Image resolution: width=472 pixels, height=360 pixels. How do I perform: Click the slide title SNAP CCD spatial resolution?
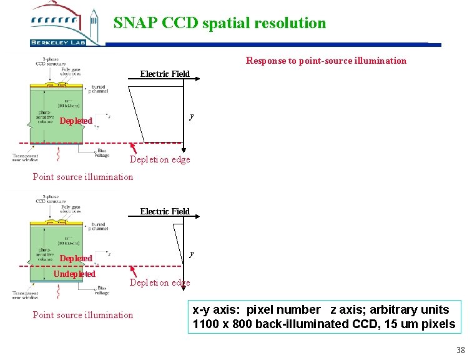click(x=219, y=23)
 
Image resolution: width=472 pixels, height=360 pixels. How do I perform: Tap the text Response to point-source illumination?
click(x=326, y=61)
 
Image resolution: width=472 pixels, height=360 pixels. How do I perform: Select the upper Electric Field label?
click(x=165, y=74)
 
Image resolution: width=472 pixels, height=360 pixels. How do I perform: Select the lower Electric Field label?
click(x=165, y=211)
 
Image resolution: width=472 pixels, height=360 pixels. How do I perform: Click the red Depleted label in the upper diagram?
click(x=76, y=121)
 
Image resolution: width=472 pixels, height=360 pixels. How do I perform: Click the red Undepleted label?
click(x=74, y=274)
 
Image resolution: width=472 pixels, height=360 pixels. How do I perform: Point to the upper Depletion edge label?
click(x=160, y=159)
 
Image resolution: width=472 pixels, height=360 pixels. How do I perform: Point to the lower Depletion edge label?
click(x=160, y=282)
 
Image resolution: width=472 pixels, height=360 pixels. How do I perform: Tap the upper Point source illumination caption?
click(x=82, y=177)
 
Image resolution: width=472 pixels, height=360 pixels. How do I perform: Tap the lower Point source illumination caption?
click(x=82, y=315)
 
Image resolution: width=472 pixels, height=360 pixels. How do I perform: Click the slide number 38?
click(x=460, y=351)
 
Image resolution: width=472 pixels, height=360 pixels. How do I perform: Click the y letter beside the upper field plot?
click(x=192, y=116)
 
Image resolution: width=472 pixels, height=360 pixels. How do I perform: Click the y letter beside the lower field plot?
click(x=192, y=253)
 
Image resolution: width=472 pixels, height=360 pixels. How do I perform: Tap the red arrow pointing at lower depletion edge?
click(x=133, y=272)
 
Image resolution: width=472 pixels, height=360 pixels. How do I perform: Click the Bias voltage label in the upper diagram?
click(x=102, y=153)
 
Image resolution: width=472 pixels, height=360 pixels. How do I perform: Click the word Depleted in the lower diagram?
click(x=76, y=258)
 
